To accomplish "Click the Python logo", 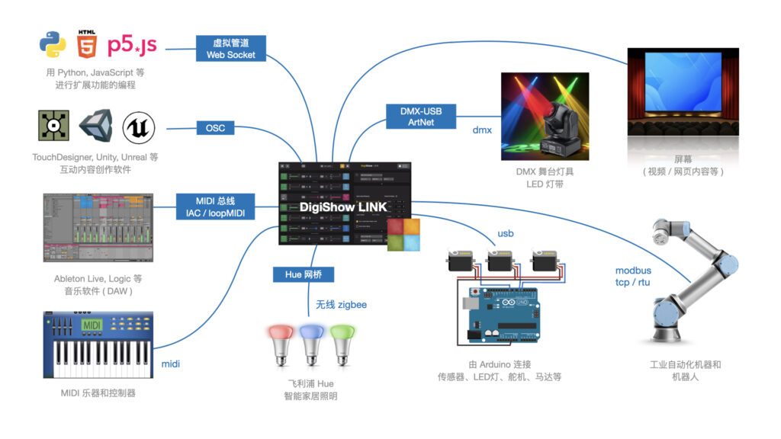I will (53, 45).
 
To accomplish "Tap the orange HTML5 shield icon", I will (87, 45).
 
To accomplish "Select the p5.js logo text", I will (132, 45).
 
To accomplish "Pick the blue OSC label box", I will (216, 128).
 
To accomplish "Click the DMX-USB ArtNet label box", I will (421, 116).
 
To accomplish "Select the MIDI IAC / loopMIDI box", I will (215, 207).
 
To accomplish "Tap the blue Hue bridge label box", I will (304, 274).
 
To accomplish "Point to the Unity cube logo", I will (96, 127).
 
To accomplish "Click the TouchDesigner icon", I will (53, 127).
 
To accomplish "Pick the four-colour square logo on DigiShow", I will (403, 235).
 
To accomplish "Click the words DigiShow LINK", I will (343, 206).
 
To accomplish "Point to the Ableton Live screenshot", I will (98, 227).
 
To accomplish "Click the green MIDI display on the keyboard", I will (91, 325).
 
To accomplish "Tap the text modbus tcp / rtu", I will (634, 277).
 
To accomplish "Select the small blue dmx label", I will (482, 130).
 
